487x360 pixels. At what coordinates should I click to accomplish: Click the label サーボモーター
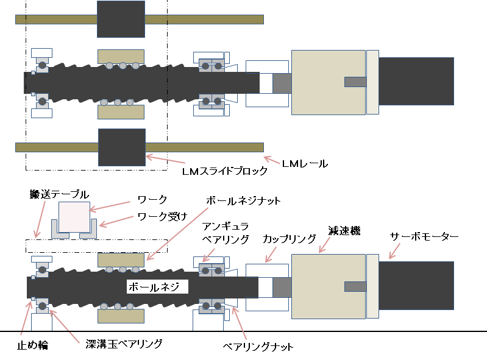click(424, 237)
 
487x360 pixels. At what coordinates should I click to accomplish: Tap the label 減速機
click(344, 231)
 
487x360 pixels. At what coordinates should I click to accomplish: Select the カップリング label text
click(289, 239)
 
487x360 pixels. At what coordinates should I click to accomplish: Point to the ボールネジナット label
click(243, 201)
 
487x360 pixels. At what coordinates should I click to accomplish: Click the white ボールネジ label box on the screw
click(157, 286)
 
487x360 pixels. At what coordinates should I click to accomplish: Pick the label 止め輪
click(33, 345)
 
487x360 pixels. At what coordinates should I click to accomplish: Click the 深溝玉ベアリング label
click(124, 344)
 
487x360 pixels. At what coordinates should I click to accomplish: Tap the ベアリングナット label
click(258, 347)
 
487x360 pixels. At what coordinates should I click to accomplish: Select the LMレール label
click(305, 163)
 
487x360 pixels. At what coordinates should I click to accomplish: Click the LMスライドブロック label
click(224, 171)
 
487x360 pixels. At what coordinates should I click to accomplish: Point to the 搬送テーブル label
click(59, 194)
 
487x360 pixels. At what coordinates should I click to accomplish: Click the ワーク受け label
click(162, 216)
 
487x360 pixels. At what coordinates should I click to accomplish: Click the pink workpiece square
click(74, 217)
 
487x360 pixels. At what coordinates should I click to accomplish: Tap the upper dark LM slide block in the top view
click(121, 19)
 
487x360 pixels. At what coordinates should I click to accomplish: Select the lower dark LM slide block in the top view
click(122, 147)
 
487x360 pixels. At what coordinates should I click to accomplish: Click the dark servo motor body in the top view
click(416, 81)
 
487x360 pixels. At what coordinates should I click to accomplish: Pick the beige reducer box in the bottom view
click(329, 286)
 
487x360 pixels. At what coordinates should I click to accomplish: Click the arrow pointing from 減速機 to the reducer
click(324, 245)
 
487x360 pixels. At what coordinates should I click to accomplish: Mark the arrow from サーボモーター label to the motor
click(394, 251)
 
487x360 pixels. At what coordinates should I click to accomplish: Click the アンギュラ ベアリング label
click(226, 233)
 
